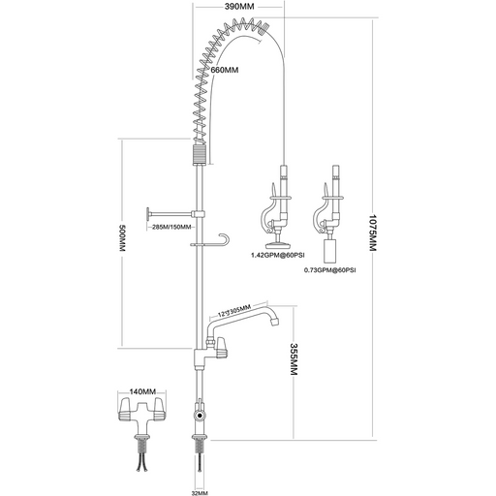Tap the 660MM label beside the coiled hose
click(x=225, y=70)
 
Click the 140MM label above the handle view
click(x=142, y=392)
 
